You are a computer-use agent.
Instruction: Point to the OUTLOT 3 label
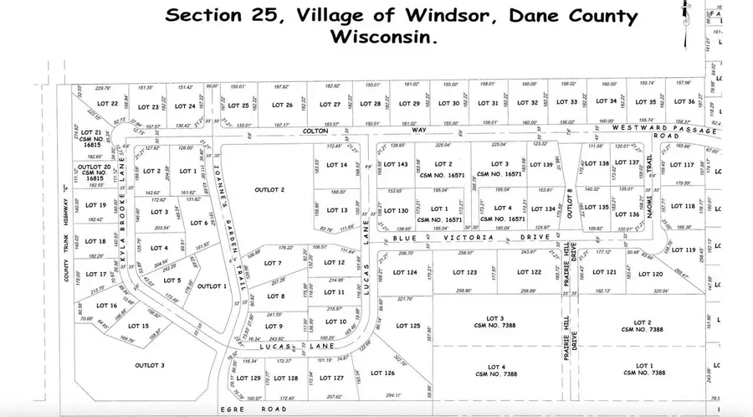(151, 365)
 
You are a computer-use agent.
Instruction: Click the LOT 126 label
(382, 373)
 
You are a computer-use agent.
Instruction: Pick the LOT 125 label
(408, 326)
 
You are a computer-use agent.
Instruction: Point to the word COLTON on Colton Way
(316, 132)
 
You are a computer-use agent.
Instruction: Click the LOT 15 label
(139, 325)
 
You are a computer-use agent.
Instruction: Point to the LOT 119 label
(684, 250)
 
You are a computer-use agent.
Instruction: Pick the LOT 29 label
(410, 104)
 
